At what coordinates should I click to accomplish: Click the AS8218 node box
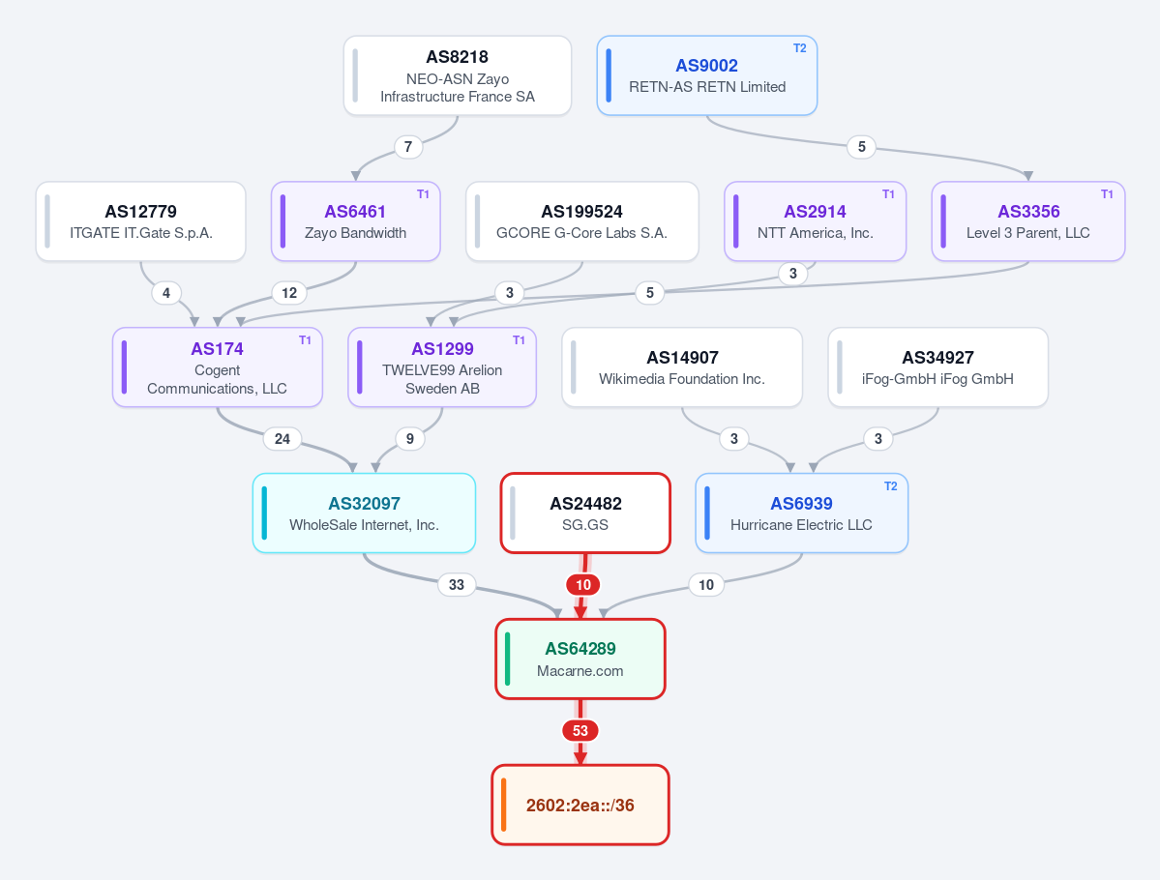[458, 75]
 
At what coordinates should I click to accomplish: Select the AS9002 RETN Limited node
[707, 75]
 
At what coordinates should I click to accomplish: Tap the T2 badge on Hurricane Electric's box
[891, 485]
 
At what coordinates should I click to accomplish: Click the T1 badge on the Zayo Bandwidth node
[423, 193]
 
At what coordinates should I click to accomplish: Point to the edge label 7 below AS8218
[408, 146]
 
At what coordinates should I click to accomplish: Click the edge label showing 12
[289, 293]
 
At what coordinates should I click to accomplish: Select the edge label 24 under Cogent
[283, 438]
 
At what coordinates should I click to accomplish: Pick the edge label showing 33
[457, 584]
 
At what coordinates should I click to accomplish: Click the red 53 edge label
[580, 731]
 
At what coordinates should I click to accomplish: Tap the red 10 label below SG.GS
[583, 584]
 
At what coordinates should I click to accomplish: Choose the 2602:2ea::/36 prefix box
[580, 805]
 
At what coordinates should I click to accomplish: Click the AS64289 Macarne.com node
[580, 659]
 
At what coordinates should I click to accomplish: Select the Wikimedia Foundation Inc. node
[682, 367]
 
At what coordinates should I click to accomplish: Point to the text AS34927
[938, 357]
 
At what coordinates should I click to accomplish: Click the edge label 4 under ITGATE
[166, 293]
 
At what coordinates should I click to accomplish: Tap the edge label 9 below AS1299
[410, 438]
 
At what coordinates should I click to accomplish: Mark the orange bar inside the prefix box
[504, 805]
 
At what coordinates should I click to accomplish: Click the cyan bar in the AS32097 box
[264, 513]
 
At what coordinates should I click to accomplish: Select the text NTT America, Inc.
[816, 233]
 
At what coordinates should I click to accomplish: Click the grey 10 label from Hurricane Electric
[706, 584]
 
